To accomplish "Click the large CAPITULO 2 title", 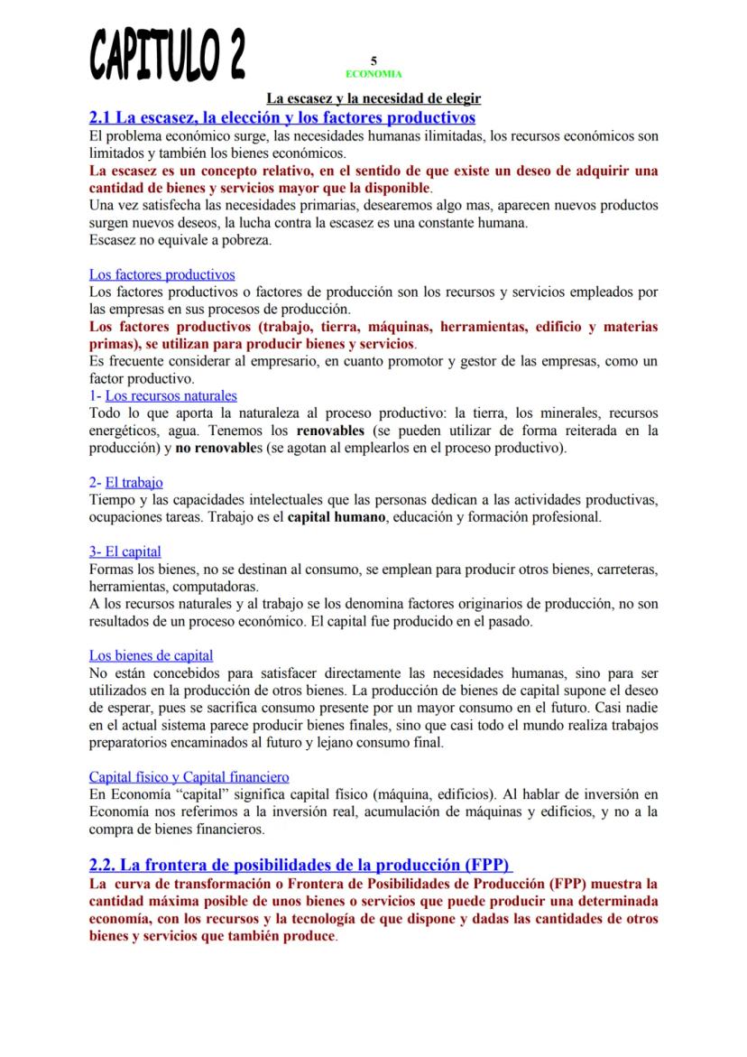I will point(168,53).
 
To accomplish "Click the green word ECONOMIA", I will point(373,73).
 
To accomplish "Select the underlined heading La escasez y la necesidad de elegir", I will point(373,98).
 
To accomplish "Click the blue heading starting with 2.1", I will point(282,117).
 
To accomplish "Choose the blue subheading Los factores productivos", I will point(161,274).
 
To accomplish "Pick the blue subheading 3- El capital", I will point(125,551).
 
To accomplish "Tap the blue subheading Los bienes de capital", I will point(152,654).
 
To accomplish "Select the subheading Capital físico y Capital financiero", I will point(189,776).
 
